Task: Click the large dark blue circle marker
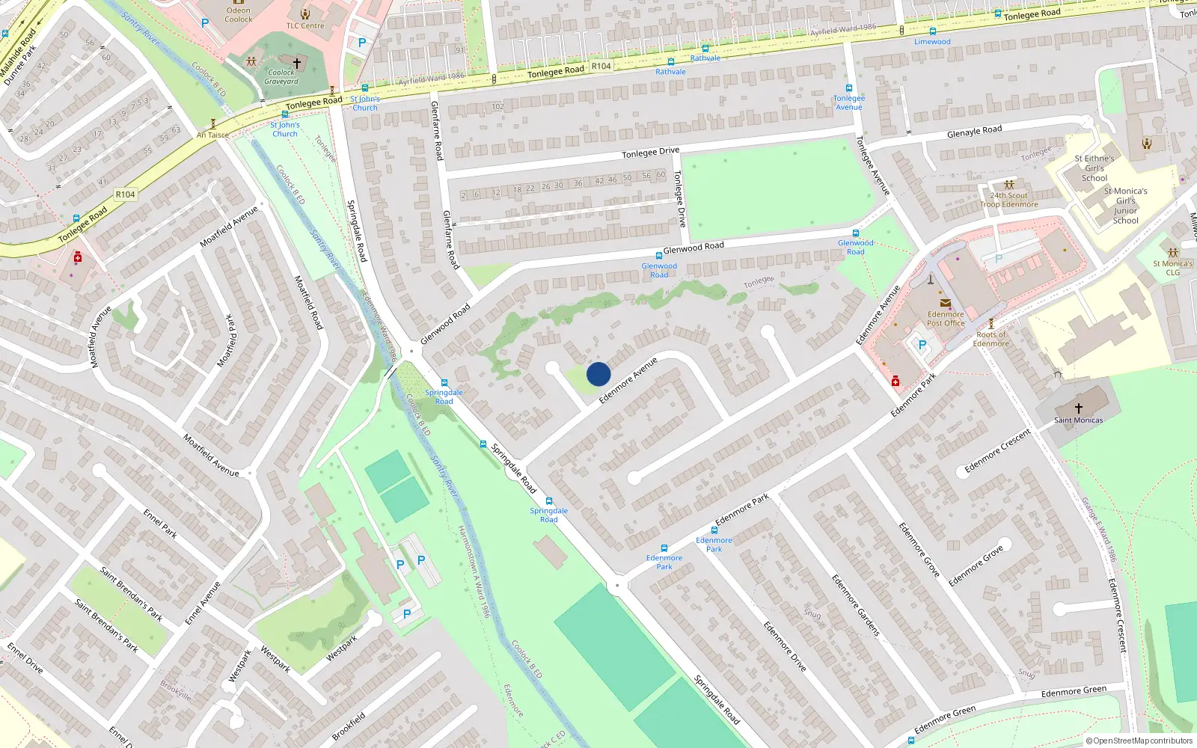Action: click(598, 374)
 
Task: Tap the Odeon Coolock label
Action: click(238, 15)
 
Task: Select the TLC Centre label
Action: click(305, 25)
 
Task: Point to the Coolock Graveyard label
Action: click(281, 77)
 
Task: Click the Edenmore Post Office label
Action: click(946, 319)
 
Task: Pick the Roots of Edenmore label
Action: click(991, 339)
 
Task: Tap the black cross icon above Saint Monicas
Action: click(1078, 408)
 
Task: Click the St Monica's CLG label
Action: click(1172, 268)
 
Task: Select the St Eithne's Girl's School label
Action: click(1095, 168)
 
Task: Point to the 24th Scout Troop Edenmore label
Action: click(1008, 200)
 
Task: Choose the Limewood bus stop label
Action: click(932, 42)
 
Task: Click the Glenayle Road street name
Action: click(974, 132)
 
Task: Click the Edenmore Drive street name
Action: click(784, 646)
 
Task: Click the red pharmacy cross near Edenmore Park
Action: click(896, 382)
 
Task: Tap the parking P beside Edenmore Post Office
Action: click(922, 345)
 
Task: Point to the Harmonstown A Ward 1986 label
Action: click(474, 571)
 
